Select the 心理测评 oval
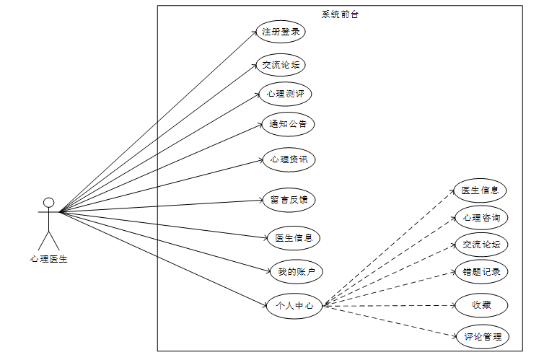point(286,94)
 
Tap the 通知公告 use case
point(288,124)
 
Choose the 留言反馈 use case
point(289,200)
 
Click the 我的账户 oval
point(295,271)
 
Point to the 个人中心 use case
point(294,306)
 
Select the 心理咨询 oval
point(481,217)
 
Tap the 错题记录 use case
point(481,272)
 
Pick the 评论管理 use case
point(482,336)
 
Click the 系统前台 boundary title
point(339,14)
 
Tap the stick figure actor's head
point(48,202)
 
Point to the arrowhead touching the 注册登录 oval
point(253,33)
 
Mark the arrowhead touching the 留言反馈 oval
point(262,201)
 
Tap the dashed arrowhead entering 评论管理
point(455,335)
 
